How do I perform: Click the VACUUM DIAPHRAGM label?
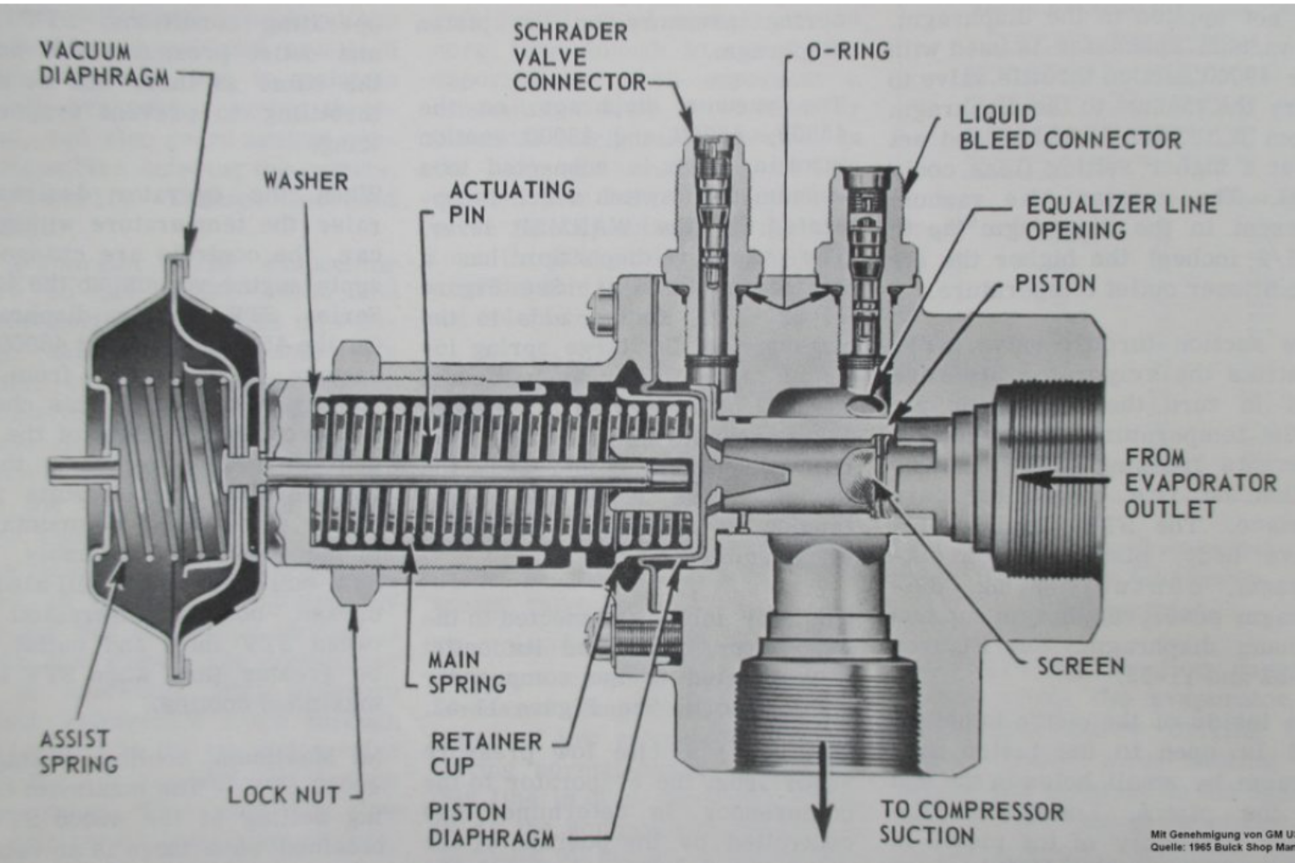pos(104,64)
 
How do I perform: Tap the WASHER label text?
pos(306,181)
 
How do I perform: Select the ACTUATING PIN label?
pos(511,202)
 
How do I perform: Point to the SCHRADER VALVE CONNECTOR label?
pos(578,57)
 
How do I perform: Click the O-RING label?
pos(847,52)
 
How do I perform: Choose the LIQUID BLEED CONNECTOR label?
pos(1069,127)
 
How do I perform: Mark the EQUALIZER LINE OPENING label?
pos(1121,217)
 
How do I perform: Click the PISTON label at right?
pos(1054,284)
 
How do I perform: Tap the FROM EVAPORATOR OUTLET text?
pos(1198,483)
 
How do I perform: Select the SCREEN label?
pos(1080,666)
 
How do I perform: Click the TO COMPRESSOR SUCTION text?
pos(970,822)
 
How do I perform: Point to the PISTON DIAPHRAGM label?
pos(491,825)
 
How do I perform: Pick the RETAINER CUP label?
pos(486,753)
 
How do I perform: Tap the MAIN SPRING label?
pos(467,672)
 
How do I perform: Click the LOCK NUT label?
pos(283,795)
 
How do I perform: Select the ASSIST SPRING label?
pos(78,752)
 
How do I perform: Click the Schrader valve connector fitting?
pos(710,250)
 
